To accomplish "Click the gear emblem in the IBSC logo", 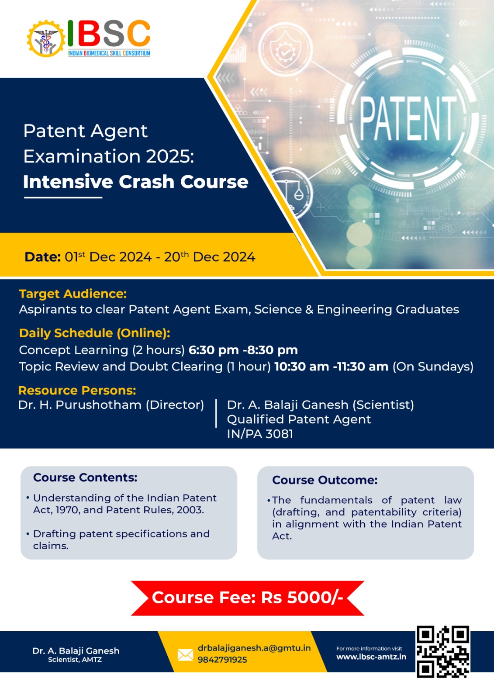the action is [x=46, y=39].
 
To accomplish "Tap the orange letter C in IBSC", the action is [x=138, y=33].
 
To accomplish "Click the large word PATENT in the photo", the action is [x=408, y=118].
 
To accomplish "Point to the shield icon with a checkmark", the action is [x=285, y=51].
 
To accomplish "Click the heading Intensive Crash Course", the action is [x=136, y=182].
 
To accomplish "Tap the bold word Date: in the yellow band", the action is [x=42, y=257].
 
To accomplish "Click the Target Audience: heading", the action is [x=73, y=294].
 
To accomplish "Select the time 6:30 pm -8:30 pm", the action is [x=243, y=350].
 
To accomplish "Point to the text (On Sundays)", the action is [x=433, y=367].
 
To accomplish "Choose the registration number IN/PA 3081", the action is [x=260, y=434].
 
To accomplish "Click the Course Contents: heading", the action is [x=85, y=478].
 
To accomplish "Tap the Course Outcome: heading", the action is [x=325, y=480].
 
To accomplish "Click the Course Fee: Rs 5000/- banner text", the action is [x=248, y=598].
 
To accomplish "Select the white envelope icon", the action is [x=185, y=655].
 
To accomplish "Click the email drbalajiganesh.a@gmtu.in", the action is [x=254, y=648].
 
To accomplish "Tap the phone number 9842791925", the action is [x=222, y=660].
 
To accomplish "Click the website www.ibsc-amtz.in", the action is [x=371, y=657].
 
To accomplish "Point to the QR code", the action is [x=443, y=651].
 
